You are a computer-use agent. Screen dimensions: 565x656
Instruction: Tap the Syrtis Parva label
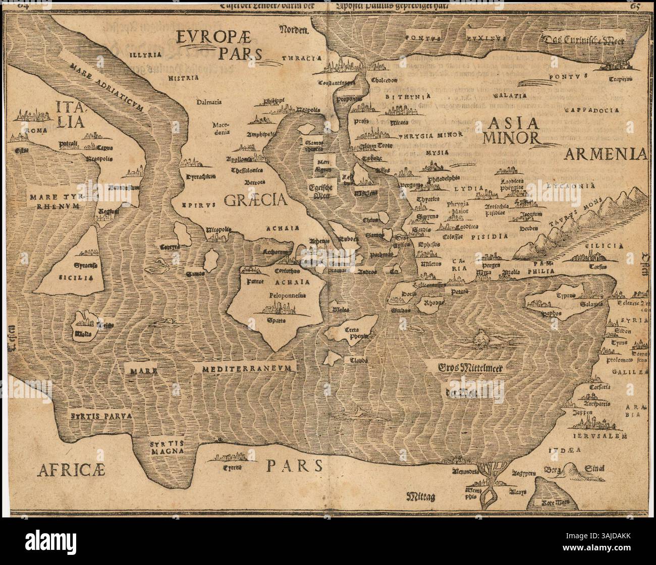[x=98, y=417]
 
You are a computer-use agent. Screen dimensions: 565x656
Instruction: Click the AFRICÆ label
[x=71, y=472]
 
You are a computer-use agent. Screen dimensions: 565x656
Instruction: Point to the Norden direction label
[x=295, y=29]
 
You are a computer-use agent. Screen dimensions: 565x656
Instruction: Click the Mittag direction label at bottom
[x=420, y=498]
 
